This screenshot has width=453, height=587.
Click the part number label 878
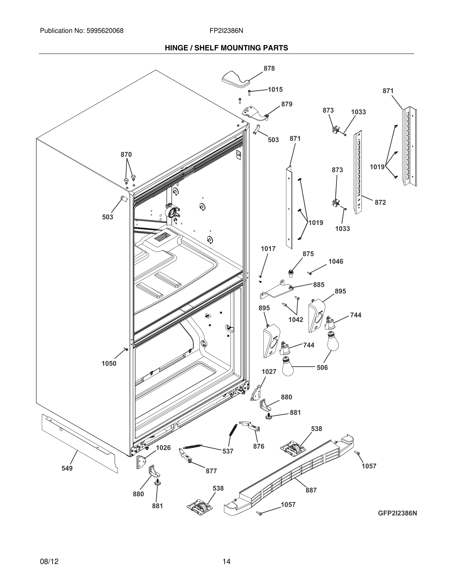click(269, 68)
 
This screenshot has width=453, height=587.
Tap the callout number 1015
click(275, 89)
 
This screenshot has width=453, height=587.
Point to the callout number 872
click(380, 202)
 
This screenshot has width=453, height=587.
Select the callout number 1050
click(109, 364)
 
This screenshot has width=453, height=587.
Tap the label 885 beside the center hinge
click(319, 285)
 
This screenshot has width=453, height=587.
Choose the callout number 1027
click(269, 372)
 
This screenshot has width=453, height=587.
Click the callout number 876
click(259, 446)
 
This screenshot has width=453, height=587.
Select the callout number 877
click(211, 471)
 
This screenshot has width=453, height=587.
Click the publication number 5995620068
click(105, 31)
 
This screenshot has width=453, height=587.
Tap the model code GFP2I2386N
click(397, 513)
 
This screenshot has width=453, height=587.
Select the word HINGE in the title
click(177, 48)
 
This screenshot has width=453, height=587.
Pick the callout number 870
click(126, 155)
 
